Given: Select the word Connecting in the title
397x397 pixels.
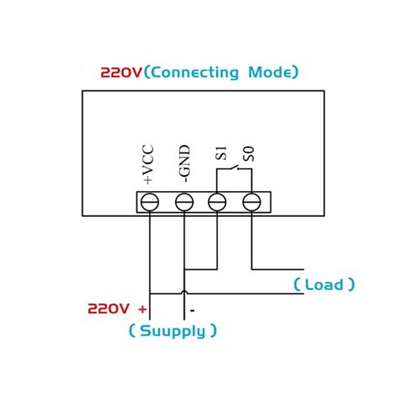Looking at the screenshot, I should (194, 73).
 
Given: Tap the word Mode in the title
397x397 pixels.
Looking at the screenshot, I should (271, 73).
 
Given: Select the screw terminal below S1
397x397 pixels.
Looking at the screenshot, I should (218, 202).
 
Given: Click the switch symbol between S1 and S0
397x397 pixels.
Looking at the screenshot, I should (235, 172).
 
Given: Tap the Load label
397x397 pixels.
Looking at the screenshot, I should (323, 285).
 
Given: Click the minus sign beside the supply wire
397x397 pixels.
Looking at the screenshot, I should (193, 308).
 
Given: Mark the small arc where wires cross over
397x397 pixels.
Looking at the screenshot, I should (183, 292).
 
